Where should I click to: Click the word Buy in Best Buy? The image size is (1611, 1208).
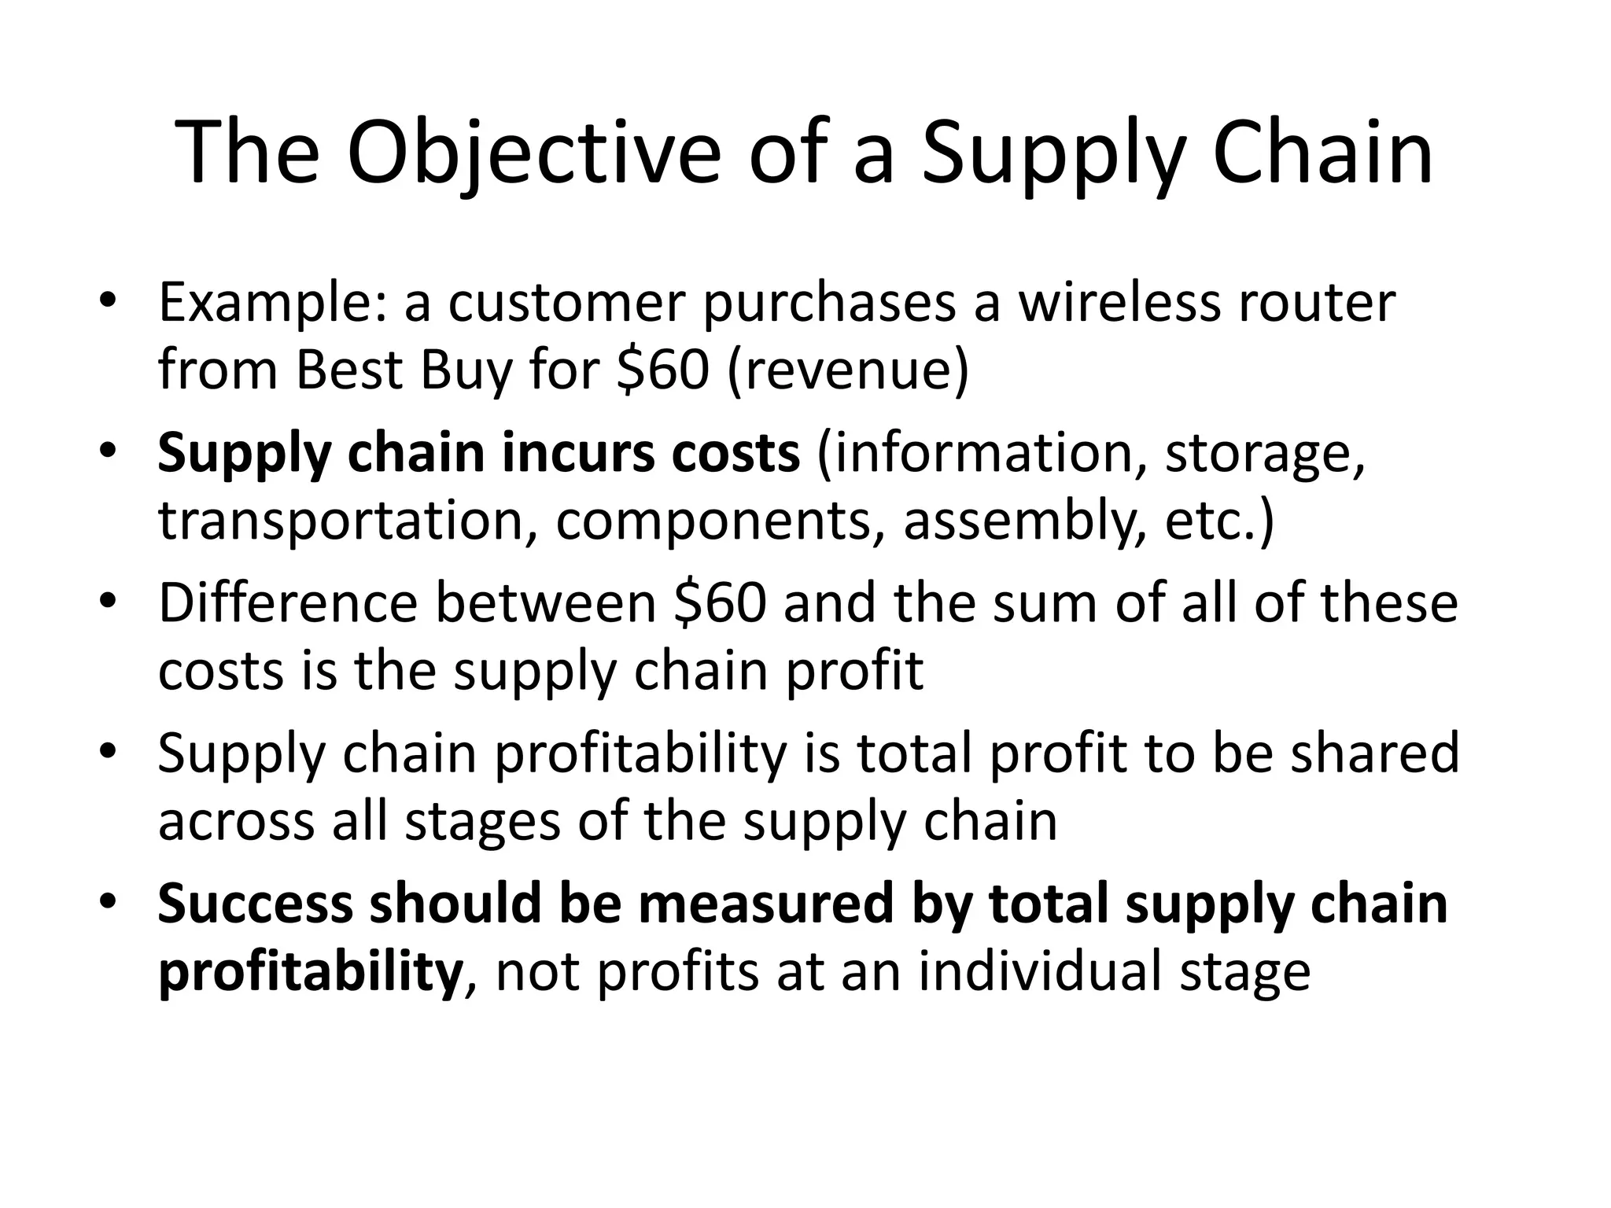tap(466, 371)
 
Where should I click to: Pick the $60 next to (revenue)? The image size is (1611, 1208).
tap(663, 370)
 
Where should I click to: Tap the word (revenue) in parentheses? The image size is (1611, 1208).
tap(848, 371)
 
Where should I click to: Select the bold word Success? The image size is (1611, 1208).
tap(255, 903)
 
